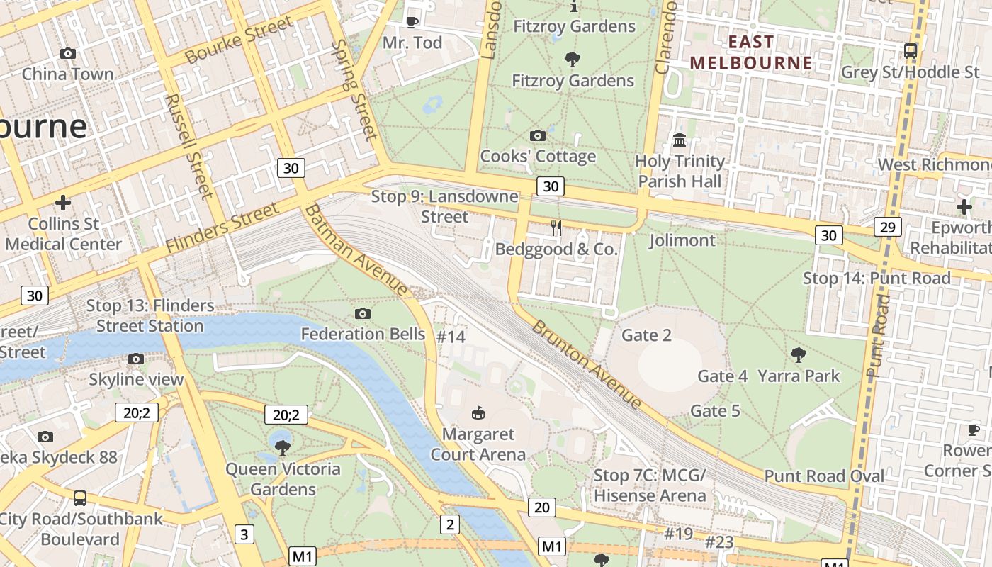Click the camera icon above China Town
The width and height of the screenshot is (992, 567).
point(68,53)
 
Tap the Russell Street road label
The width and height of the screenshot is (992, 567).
point(188,145)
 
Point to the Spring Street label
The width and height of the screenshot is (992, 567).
point(354,89)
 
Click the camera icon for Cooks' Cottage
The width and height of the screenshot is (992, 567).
point(538,135)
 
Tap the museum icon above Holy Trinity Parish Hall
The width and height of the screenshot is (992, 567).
point(680,140)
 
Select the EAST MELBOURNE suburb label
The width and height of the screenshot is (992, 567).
point(751,52)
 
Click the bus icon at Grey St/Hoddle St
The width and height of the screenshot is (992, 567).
point(911,51)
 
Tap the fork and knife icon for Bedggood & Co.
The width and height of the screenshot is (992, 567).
point(556,228)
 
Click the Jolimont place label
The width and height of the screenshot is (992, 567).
point(682,241)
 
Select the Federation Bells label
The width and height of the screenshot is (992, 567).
point(363,334)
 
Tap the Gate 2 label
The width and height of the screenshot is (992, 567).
point(646,335)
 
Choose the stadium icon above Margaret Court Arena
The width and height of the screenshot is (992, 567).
point(478,412)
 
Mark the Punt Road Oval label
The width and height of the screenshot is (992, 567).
point(824,476)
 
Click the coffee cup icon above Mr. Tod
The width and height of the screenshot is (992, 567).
point(412,22)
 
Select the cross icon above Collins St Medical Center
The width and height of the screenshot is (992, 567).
point(63,203)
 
